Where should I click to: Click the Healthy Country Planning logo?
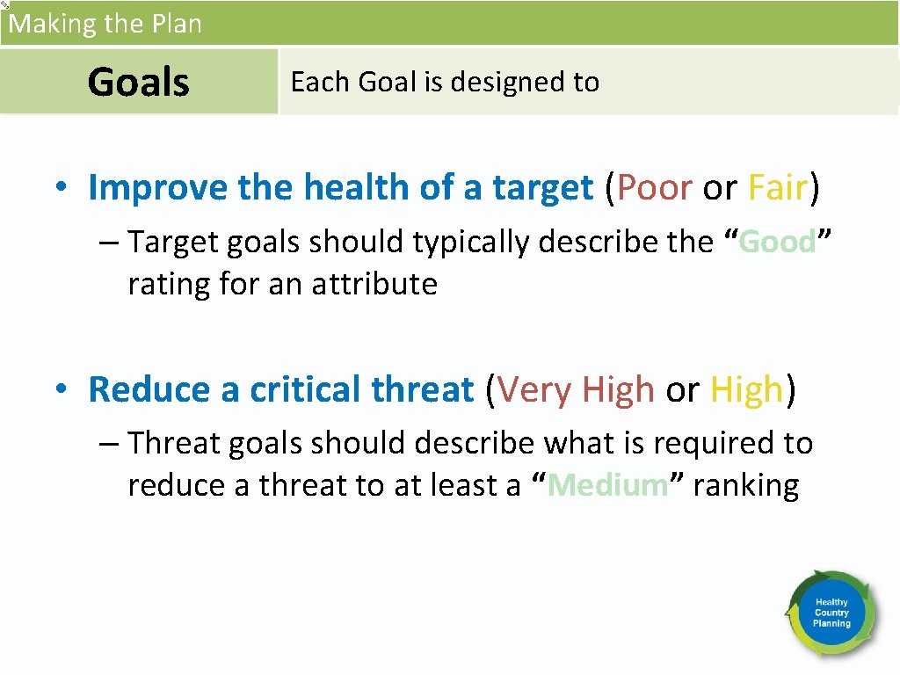[x=831, y=613]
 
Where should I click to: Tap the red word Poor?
[x=654, y=188]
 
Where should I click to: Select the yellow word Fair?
[x=777, y=188]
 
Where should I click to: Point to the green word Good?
[x=778, y=243]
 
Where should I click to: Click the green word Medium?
[x=607, y=485]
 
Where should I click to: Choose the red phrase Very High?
[x=576, y=389]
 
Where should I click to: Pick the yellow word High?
[x=746, y=389]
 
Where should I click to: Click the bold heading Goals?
[x=138, y=83]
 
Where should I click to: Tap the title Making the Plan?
[x=105, y=23]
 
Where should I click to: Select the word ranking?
[x=745, y=485]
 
